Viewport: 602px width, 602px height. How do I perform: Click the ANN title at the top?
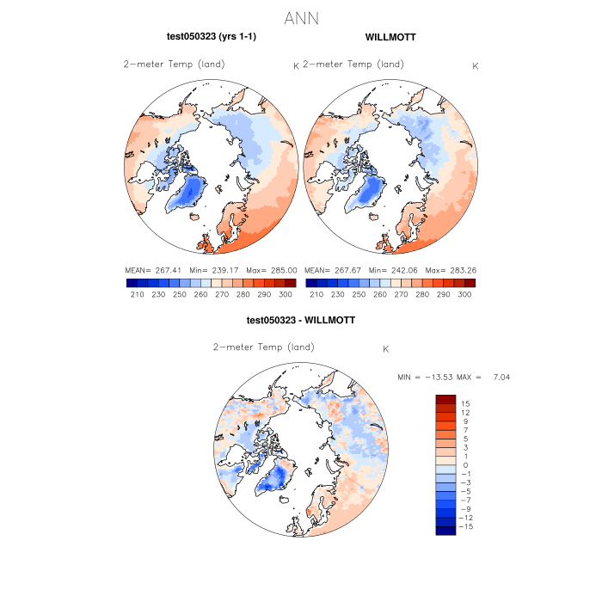[x=300, y=18]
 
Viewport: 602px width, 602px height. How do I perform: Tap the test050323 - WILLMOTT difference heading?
[x=301, y=320]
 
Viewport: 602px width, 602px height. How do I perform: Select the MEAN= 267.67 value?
[x=329, y=270]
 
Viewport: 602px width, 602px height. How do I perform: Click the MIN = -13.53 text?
[x=426, y=378]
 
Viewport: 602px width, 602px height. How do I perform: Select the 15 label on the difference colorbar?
[x=465, y=403]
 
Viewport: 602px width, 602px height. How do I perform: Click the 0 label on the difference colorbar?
[x=465, y=464]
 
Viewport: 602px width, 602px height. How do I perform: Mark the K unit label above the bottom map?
[x=386, y=349]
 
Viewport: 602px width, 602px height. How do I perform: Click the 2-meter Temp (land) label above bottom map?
[x=263, y=347]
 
